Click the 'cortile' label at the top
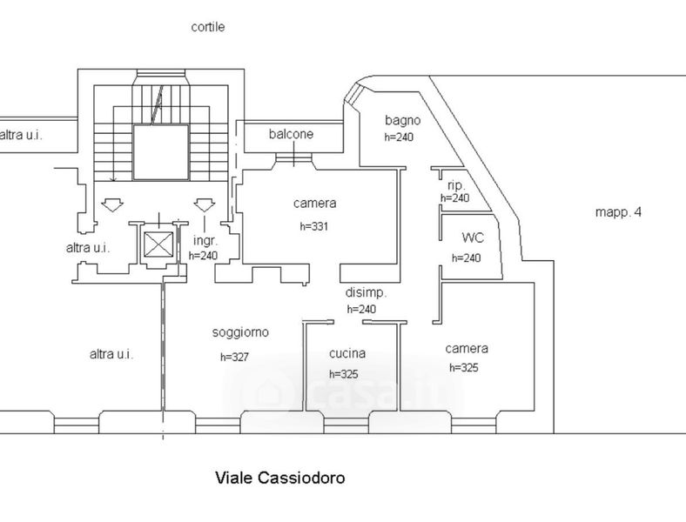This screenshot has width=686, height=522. (x=208, y=27)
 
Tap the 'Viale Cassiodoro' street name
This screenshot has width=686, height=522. (x=280, y=478)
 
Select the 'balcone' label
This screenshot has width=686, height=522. (x=291, y=134)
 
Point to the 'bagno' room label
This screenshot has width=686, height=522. (x=402, y=120)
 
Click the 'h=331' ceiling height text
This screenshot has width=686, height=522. (x=313, y=226)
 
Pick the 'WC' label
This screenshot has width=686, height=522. (x=473, y=238)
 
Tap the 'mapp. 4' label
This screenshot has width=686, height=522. (x=618, y=212)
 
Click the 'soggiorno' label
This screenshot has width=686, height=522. (x=240, y=332)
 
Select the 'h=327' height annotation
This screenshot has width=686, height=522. (x=234, y=358)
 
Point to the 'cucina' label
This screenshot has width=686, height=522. (x=347, y=353)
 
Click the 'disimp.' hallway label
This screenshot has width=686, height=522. (x=366, y=293)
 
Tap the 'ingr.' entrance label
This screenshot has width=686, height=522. (x=205, y=240)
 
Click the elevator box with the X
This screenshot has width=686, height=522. (x=158, y=244)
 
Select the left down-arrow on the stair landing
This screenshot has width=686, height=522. (x=112, y=205)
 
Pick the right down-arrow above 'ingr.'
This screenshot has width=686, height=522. (x=205, y=205)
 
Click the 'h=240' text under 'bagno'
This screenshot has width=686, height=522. (x=399, y=137)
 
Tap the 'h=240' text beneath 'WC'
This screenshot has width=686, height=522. (x=466, y=258)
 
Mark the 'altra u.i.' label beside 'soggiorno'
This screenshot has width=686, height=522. (x=111, y=354)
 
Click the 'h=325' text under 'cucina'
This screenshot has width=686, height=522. (x=344, y=374)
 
